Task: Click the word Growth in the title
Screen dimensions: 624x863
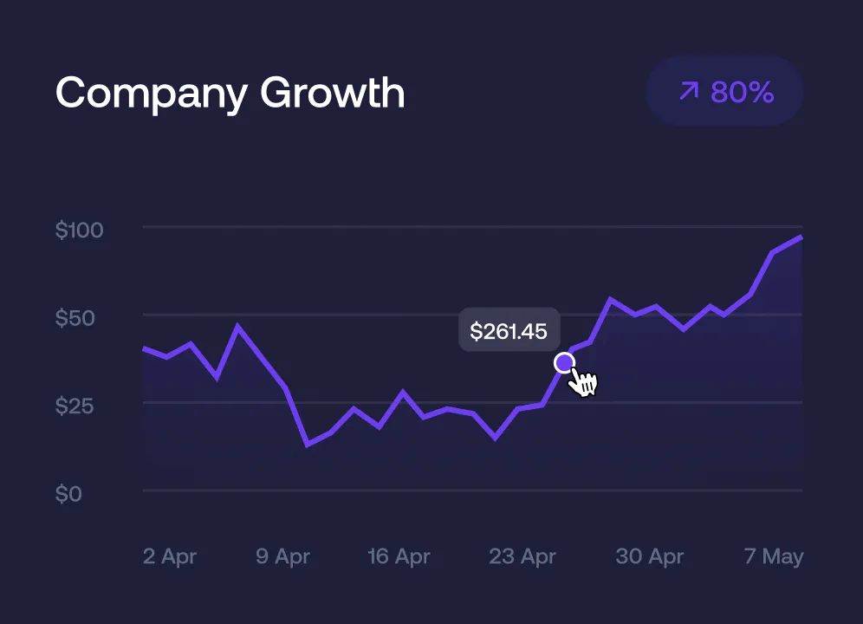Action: click(332, 92)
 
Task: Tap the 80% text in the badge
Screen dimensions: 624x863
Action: click(743, 92)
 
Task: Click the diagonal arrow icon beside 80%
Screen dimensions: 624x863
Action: click(689, 91)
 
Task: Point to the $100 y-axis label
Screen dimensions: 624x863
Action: click(80, 231)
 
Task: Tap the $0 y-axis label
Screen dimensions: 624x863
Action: click(68, 494)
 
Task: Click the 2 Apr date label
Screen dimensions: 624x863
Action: click(170, 556)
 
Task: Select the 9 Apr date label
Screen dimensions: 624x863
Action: click(283, 556)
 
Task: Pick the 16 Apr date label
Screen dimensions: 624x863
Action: click(399, 556)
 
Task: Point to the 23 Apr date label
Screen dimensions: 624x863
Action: click(523, 556)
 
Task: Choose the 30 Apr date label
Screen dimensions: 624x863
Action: click(650, 556)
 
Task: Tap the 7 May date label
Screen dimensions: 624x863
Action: click(774, 556)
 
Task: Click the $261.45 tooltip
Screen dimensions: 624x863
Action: click(509, 331)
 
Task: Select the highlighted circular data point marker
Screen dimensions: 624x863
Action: click(564, 362)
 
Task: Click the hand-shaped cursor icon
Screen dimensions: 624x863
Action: click(584, 381)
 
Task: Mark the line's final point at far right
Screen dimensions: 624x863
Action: click(801, 237)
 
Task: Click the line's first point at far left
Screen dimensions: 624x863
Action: click(144, 348)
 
